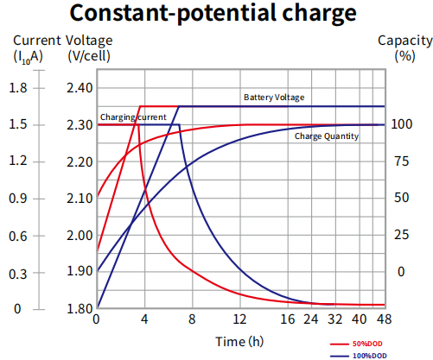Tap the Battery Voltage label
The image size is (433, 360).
click(273, 98)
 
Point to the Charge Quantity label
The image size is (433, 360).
click(326, 136)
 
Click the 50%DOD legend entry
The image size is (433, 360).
click(369, 343)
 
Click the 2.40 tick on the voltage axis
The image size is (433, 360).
click(79, 88)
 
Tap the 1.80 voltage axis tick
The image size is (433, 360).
click(79, 309)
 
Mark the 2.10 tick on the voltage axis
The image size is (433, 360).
click(79, 199)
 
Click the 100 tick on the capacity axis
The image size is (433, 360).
click(400, 125)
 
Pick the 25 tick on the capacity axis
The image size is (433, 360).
click(400, 235)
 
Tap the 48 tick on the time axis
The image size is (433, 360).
click(385, 319)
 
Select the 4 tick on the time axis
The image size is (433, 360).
click(144, 319)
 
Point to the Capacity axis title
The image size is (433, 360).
click(404, 41)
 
